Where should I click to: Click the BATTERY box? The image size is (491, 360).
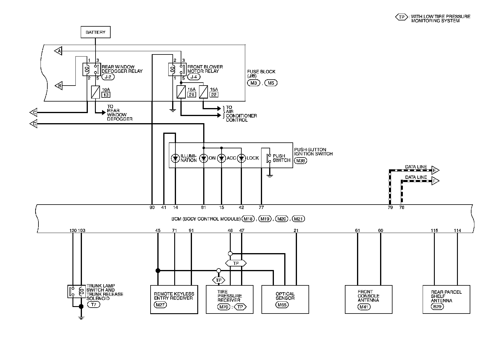pos(96,32)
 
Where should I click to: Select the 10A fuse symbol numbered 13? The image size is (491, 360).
pos(95,92)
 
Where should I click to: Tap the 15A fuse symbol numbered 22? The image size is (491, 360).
pos(203,92)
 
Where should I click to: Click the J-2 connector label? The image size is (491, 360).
pos(108,77)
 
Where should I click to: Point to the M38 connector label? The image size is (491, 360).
pos(301,160)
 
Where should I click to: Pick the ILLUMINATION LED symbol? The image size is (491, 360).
pos(175,158)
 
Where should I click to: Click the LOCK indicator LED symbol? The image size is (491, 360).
pos(241,158)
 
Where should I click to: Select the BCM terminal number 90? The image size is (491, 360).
pos(152,208)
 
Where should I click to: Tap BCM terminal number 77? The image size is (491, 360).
pos(261,208)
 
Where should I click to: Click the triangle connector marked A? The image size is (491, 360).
pos(58,51)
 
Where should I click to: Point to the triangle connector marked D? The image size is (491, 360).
pos(33,124)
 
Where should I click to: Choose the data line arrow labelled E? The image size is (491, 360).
pos(435,170)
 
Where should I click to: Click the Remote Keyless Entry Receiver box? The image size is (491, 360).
pos(174,299)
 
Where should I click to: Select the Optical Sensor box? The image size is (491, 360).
pos(285,299)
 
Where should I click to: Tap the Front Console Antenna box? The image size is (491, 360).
pos(369,299)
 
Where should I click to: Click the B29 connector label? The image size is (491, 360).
pos(437,306)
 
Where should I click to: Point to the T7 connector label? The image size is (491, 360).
pos(93,305)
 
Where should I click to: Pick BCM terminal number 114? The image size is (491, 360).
pos(457,231)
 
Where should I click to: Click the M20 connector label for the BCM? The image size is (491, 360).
pos(282,219)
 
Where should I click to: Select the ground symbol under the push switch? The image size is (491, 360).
pos(270,176)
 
